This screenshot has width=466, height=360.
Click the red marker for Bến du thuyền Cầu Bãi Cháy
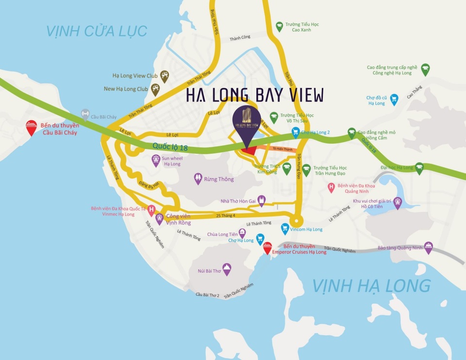31,126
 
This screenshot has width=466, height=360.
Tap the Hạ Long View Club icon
165,75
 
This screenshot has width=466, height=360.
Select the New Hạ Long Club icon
155,88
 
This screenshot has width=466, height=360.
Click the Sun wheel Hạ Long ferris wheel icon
156,159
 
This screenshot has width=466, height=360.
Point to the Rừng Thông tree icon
198,178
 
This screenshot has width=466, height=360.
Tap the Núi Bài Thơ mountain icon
226,268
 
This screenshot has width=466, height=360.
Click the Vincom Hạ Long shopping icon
285,227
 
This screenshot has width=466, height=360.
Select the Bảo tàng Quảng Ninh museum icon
428,247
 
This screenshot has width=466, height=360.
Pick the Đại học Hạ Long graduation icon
419,168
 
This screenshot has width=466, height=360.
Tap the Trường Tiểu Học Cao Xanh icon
279,25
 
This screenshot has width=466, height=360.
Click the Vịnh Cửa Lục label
97,31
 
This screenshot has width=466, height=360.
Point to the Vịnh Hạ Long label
371,286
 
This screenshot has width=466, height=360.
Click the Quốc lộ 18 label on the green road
170,147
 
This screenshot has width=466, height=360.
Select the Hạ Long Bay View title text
255,95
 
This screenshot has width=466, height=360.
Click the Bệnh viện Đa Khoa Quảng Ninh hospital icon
332,187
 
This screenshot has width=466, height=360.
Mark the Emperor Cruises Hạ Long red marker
267,248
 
